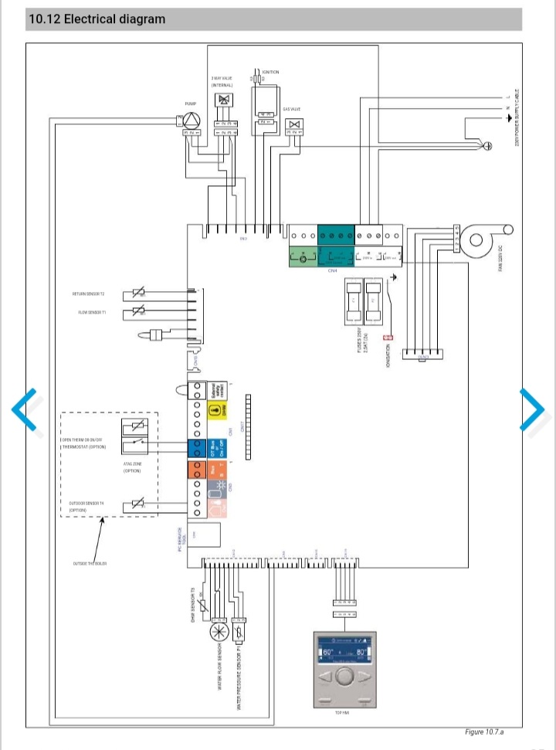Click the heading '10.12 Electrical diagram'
(97, 19)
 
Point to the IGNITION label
(270, 72)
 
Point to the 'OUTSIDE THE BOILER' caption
(90, 564)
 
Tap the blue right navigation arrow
(533, 407)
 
